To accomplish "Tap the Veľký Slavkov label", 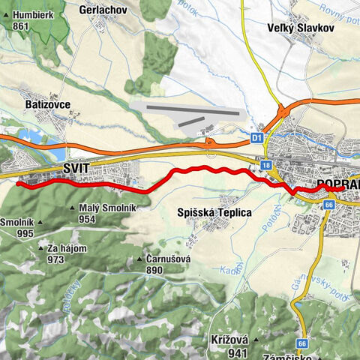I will pyautogui.click(x=294, y=29).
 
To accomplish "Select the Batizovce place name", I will pyautogui.click(x=49, y=103).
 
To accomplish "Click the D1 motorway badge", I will pyautogui.click(x=256, y=138).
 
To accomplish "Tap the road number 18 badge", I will pyautogui.click(x=266, y=163).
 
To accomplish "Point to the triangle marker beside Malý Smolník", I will pyautogui.click(x=72, y=208).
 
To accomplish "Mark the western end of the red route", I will pyautogui.click(x=18, y=183).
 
